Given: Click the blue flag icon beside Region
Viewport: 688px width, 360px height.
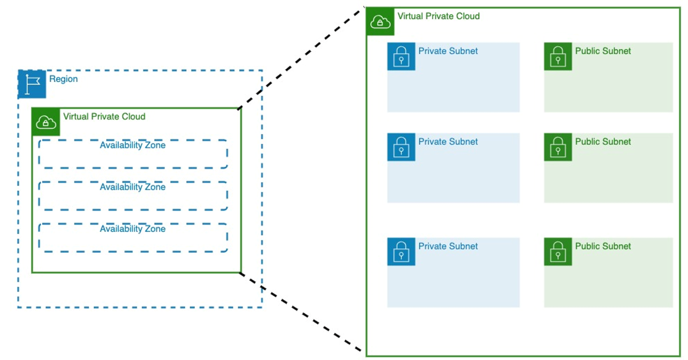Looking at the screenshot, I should pos(32,84).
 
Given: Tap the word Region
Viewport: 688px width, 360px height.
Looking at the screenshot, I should pos(63,79).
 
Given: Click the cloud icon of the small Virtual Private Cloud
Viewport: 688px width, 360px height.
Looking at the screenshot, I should pos(46,122).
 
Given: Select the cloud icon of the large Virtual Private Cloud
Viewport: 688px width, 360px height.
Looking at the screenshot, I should pos(380,22).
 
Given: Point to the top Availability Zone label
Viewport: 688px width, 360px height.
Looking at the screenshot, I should pos(132,145).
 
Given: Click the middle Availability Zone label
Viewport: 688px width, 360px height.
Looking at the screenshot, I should pos(132,187).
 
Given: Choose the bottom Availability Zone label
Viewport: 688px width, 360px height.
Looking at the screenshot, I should pos(132,229).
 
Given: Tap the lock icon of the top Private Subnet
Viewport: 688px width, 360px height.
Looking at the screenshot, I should pos(401,56).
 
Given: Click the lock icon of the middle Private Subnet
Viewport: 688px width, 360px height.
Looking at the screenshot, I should pos(401,147).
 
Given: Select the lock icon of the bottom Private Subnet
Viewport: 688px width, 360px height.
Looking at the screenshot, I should pos(401,252).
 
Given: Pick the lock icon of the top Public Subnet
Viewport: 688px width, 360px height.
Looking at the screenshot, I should pos(558,56).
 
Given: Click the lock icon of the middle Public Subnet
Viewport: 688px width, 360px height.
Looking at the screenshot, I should pos(558,147).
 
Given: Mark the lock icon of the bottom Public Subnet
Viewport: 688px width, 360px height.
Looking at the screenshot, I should pos(558,252).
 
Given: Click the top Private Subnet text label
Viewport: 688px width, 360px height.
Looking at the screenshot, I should pos(448,51).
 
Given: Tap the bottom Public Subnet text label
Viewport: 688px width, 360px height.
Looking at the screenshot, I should pos(603,246).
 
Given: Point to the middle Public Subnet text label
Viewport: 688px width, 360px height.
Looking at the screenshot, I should pos(603,142).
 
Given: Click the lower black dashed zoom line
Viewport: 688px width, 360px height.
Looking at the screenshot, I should pos(303,313).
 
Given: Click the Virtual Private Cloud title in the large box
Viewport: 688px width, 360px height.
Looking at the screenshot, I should pos(438,16).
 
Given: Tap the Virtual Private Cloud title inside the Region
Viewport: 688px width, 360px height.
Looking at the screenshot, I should pos(104,116).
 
